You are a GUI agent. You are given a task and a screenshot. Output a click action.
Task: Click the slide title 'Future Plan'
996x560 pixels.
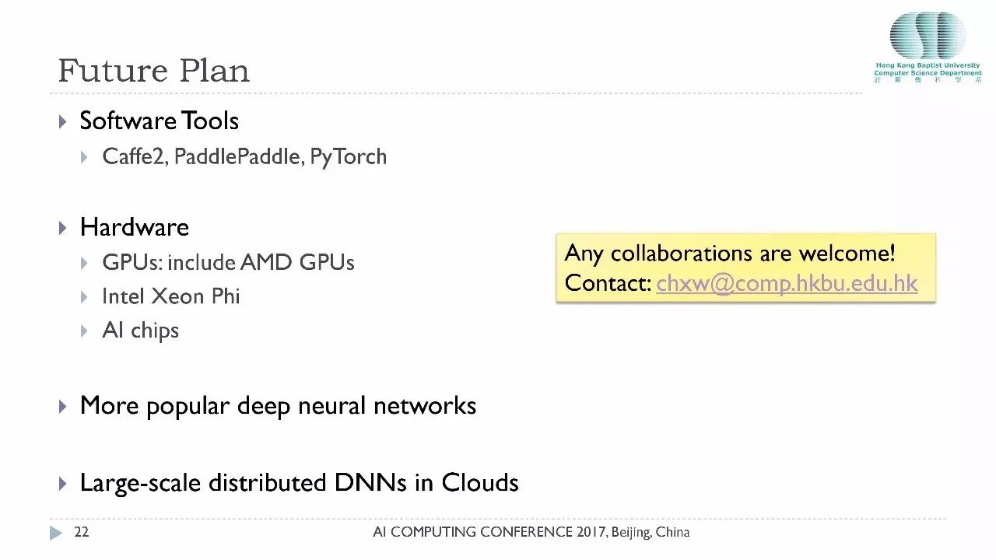(x=153, y=71)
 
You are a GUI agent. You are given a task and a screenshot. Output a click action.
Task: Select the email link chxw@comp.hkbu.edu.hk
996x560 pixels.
(x=787, y=283)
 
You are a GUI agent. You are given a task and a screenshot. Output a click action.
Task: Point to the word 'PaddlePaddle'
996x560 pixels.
(x=236, y=156)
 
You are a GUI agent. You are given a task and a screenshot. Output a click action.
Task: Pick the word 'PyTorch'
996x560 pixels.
(x=348, y=156)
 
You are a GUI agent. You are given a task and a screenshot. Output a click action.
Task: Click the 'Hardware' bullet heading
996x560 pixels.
(x=134, y=227)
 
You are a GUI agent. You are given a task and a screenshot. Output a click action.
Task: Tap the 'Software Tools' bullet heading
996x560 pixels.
(x=159, y=121)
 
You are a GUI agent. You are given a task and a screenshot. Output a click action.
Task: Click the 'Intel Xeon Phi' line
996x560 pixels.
(x=170, y=296)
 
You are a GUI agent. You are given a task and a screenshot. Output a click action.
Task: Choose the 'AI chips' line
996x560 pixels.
(x=140, y=331)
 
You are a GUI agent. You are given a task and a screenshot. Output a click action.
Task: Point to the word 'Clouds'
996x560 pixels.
(x=479, y=482)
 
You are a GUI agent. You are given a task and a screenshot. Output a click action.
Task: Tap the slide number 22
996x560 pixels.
(x=81, y=533)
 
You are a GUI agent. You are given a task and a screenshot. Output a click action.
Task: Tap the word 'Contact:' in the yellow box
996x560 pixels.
(x=608, y=283)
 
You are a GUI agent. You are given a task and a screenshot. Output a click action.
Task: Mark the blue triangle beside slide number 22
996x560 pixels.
(x=55, y=533)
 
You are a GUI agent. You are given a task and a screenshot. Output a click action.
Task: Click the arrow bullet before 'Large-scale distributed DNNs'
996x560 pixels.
(x=63, y=483)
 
